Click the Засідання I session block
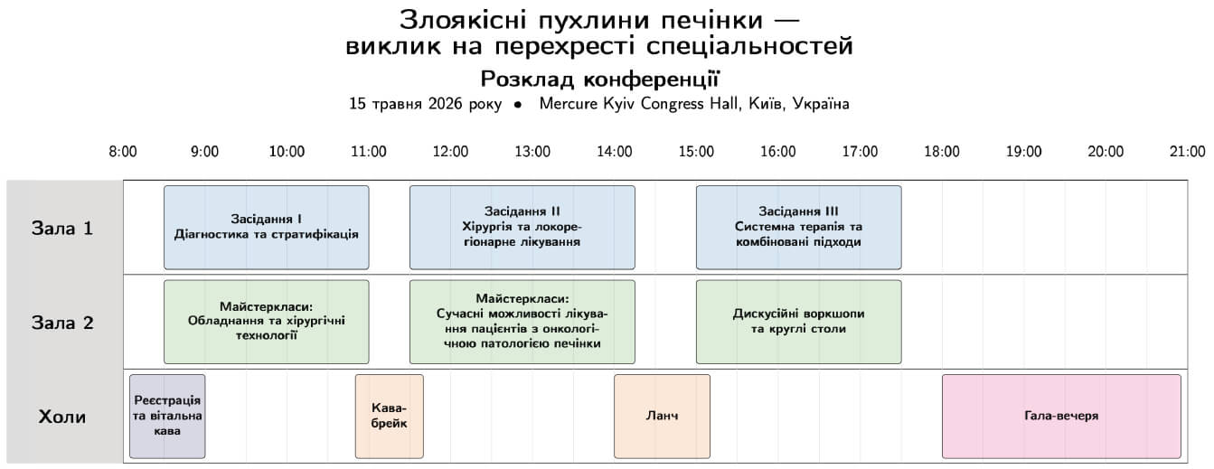click(x=266, y=227)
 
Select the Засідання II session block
click(x=522, y=227)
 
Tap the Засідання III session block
click(x=798, y=227)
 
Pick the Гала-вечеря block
click(x=1061, y=417)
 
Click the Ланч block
click(x=662, y=417)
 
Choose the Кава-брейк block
click(x=389, y=417)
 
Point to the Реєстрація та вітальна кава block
click(x=167, y=417)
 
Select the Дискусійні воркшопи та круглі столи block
click(x=798, y=322)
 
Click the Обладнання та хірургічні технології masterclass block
click(x=266, y=322)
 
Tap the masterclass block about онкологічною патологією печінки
click(x=522, y=322)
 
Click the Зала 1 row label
click(x=63, y=228)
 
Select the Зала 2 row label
click(x=63, y=323)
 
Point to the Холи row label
click(x=63, y=417)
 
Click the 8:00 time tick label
click(x=123, y=152)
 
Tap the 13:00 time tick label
click(x=532, y=152)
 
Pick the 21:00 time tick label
click(x=1187, y=152)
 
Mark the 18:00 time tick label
click(x=941, y=152)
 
